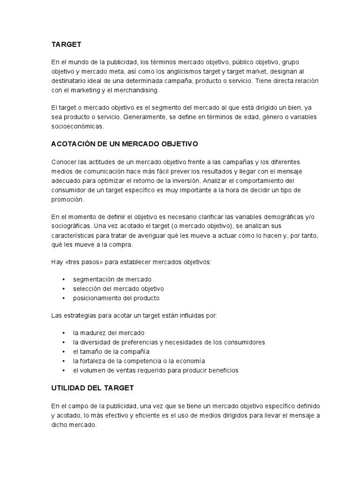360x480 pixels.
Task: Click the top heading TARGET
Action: click(66, 45)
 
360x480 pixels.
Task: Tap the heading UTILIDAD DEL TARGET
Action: click(92, 388)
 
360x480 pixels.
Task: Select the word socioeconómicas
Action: click(77, 127)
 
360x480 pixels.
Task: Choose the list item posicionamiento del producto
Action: click(116, 298)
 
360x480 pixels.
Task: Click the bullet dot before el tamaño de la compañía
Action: click(63, 352)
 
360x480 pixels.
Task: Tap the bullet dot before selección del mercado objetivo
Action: click(63, 289)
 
